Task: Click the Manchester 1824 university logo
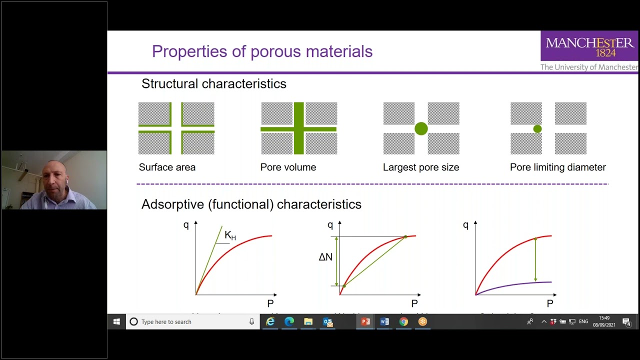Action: [589, 46]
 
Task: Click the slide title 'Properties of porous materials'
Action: [262, 51]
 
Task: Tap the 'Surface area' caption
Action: [167, 167]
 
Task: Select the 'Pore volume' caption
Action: [288, 167]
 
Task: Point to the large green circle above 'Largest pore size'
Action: [421, 129]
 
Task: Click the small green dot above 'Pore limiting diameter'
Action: [537, 129]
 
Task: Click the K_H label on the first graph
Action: [230, 235]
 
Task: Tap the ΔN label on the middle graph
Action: [325, 257]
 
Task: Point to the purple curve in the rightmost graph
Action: [520, 285]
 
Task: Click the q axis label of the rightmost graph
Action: [465, 225]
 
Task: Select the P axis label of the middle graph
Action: [414, 303]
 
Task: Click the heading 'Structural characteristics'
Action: [213, 84]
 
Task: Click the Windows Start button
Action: [116, 322]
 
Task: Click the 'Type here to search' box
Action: [192, 322]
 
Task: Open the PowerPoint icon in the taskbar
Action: [365, 322]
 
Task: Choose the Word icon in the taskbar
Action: [384, 322]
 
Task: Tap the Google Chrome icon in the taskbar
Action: [403, 322]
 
